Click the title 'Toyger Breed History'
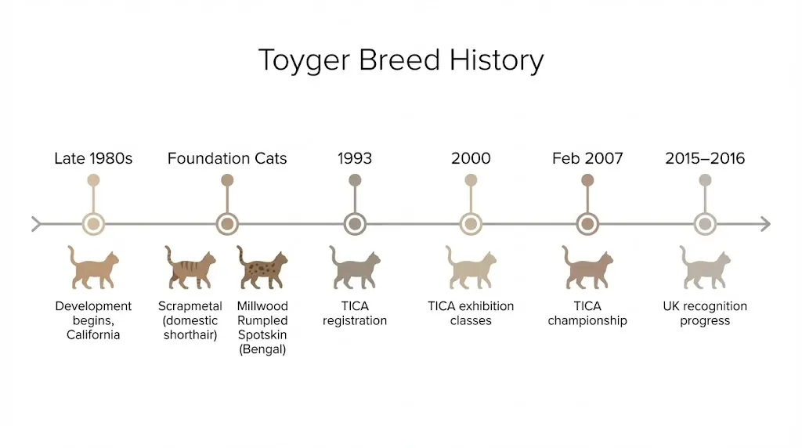tap(400, 60)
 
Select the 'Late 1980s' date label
tap(93, 158)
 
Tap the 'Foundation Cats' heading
tap(227, 158)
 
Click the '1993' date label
tap(355, 158)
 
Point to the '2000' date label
tap(471, 158)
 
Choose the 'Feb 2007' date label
tap(587, 158)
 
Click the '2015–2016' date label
tap(705, 158)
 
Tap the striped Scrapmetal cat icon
tap(190, 268)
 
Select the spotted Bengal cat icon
tap(262, 268)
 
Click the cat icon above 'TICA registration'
tap(355, 268)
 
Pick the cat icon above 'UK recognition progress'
tap(705, 268)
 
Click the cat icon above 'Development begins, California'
tap(93, 268)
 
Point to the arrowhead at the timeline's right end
tap(765, 224)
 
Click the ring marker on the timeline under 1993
tap(355, 224)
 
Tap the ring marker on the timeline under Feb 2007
tap(587, 224)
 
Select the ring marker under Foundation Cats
tap(227, 224)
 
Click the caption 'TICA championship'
tap(587, 313)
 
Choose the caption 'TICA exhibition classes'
tap(471, 313)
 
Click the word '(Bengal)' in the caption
tap(262, 350)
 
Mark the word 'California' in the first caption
tap(93, 335)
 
